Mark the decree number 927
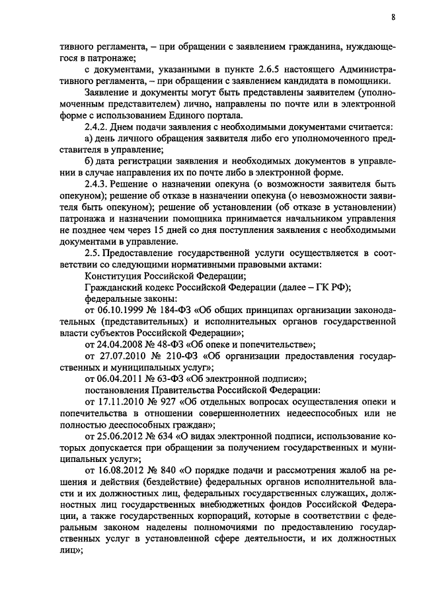(171, 402)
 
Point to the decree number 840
(167, 471)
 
